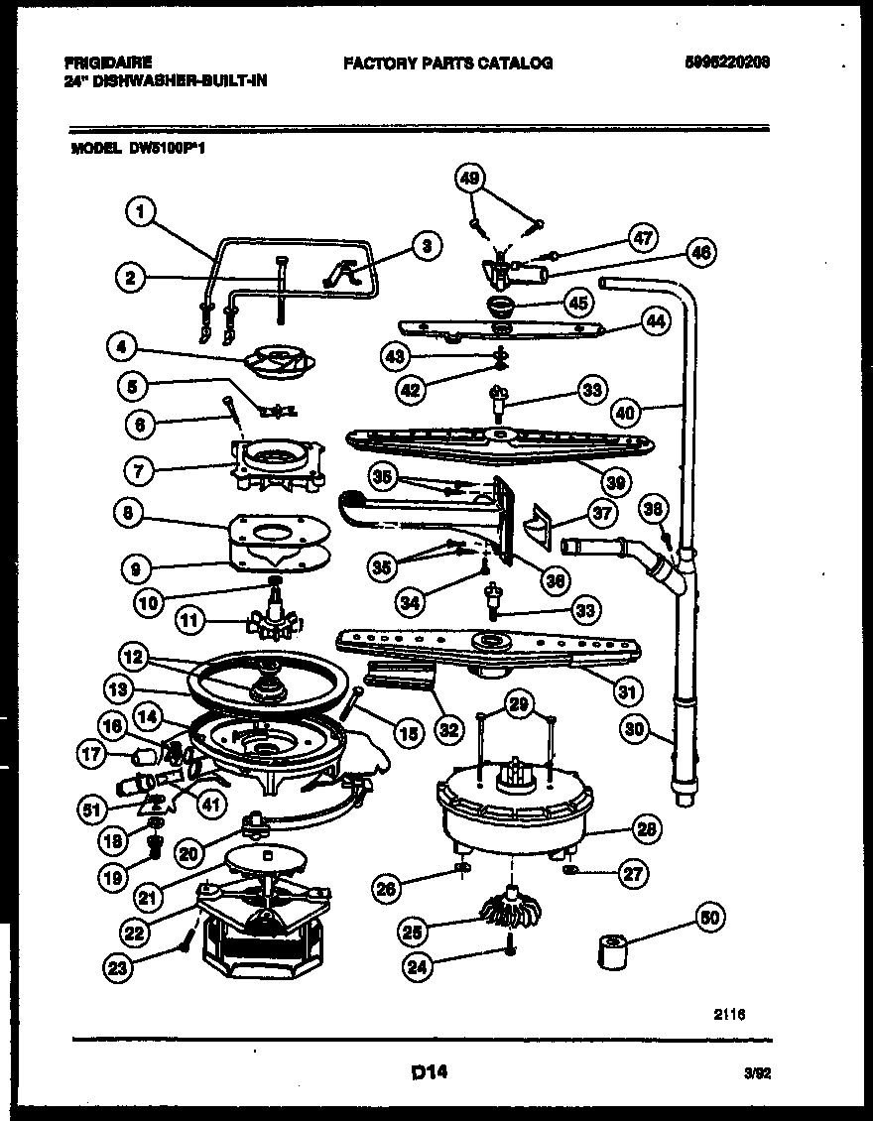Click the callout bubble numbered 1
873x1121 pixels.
pyautogui.click(x=143, y=210)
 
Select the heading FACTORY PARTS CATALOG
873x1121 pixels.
pyautogui.click(x=447, y=62)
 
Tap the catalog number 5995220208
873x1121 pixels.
pyautogui.click(x=727, y=62)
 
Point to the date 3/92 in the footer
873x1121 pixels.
pyautogui.click(x=756, y=1072)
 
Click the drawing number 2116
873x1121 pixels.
pyautogui.click(x=728, y=1015)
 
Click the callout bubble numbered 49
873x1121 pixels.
pyautogui.click(x=470, y=179)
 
